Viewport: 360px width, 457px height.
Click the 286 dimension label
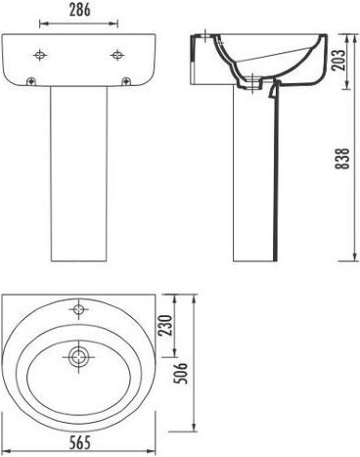(79, 10)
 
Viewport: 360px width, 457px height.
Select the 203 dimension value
(339, 60)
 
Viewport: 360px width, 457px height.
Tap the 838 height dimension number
(342, 159)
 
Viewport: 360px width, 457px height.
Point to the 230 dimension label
(165, 325)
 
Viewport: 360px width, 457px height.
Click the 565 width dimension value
(80, 442)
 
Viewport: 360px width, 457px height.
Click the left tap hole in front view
(40, 55)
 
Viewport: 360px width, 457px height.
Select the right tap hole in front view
(116, 55)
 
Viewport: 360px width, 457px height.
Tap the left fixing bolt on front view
(31, 81)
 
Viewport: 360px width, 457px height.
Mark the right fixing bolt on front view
(126, 81)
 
